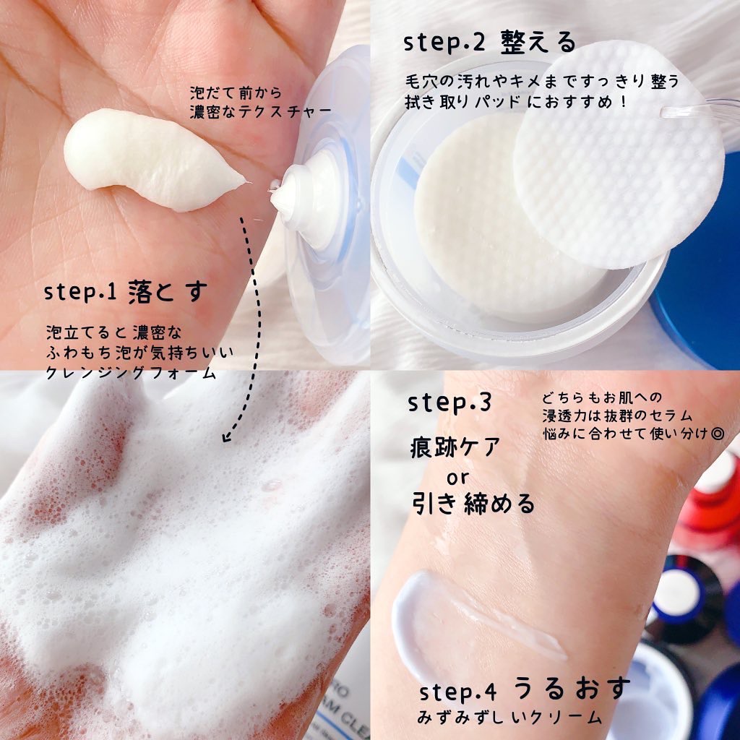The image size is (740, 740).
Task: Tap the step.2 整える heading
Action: click(491, 43)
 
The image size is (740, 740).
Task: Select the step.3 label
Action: click(450, 403)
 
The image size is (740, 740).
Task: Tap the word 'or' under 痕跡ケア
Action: click(457, 477)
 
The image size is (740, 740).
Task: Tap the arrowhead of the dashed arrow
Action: click(227, 436)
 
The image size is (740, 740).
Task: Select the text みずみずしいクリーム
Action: click(510, 718)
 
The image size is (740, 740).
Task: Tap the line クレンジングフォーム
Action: click(130, 374)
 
